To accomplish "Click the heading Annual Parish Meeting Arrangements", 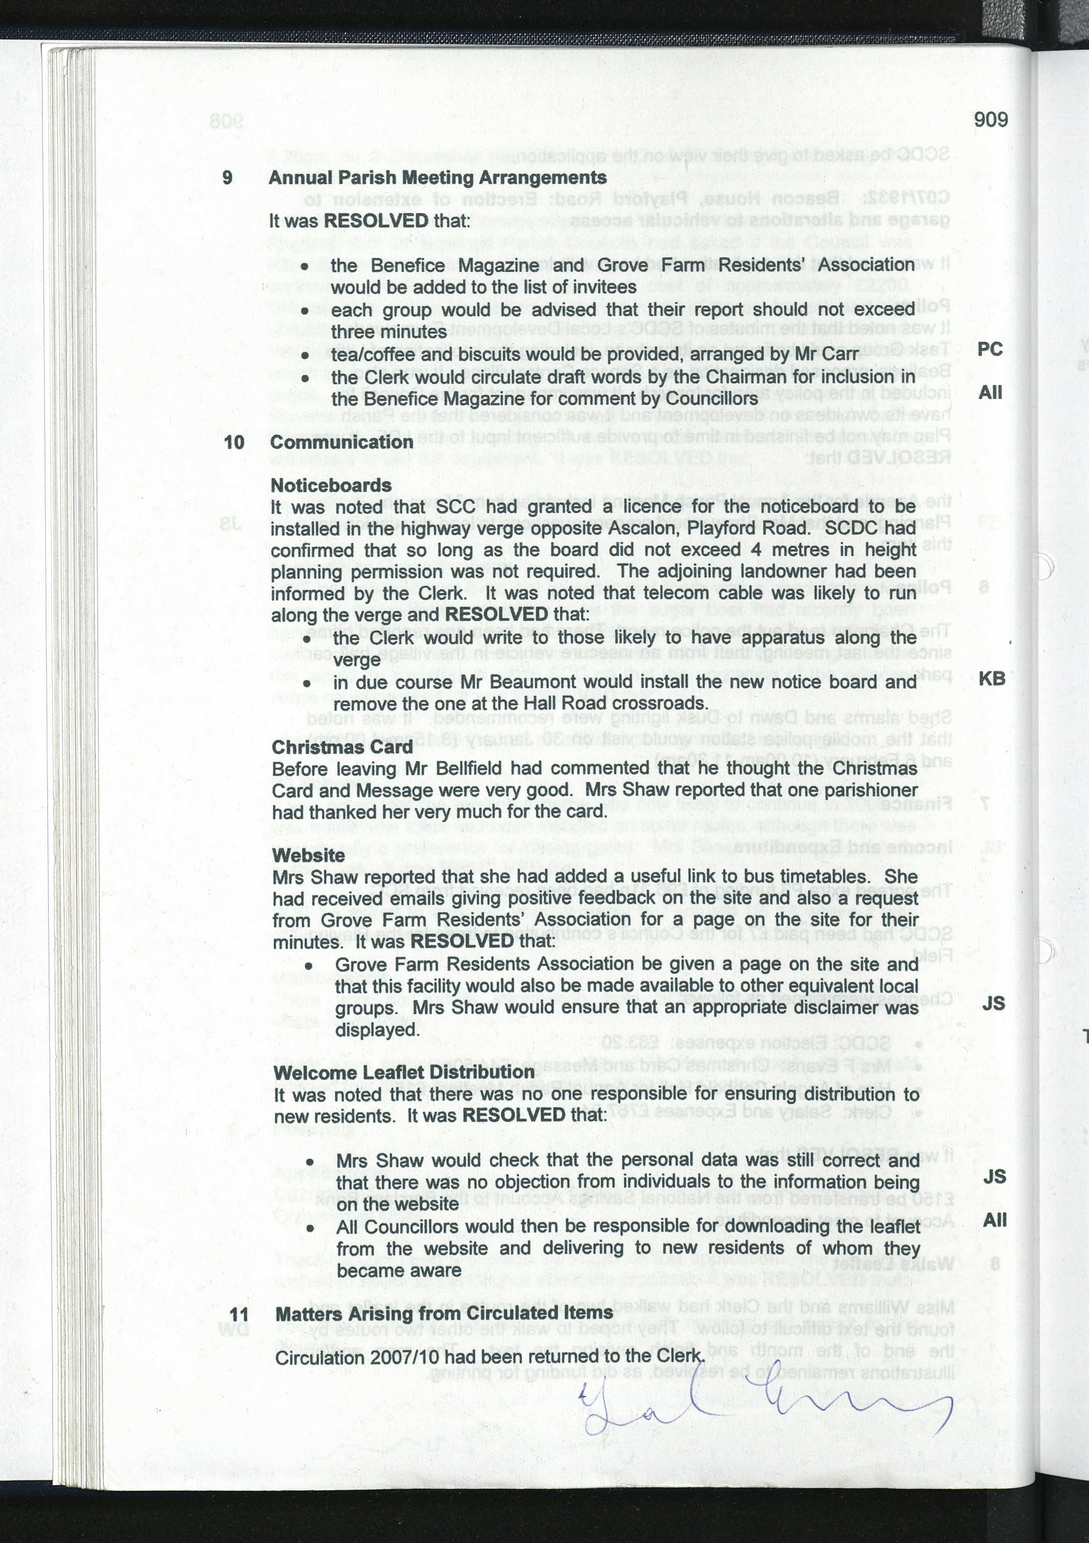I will pyautogui.click(x=437, y=178).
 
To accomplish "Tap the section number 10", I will pyautogui.click(x=234, y=442).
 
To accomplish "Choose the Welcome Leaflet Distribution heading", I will pyautogui.click(x=404, y=1072).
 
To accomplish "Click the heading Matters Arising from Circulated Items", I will pyautogui.click(x=444, y=1312).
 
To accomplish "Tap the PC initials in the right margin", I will pyautogui.click(x=990, y=349).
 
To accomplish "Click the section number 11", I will pyautogui.click(x=239, y=1314).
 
